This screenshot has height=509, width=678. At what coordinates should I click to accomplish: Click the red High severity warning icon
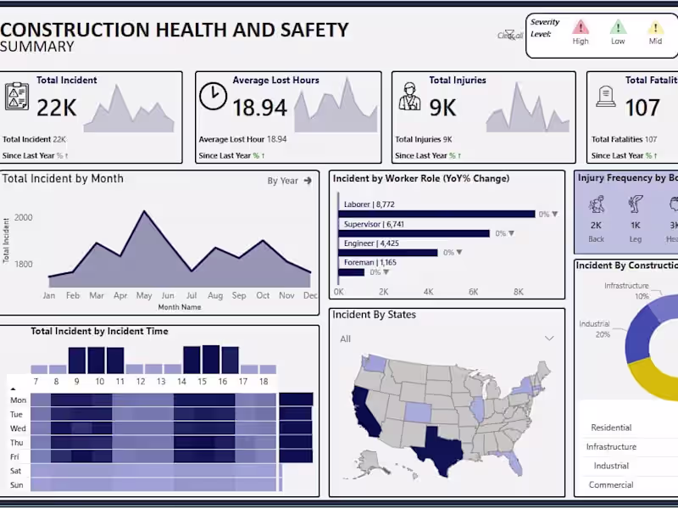[x=581, y=27]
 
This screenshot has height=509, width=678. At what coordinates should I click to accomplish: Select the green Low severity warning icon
[x=619, y=27]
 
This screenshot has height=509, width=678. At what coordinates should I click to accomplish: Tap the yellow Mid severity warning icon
[x=655, y=27]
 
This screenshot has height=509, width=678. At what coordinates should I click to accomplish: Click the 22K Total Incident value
[x=57, y=107]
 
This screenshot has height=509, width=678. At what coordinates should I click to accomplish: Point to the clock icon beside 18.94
[x=213, y=96]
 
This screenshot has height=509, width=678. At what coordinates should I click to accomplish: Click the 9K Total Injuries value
[x=442, y=107]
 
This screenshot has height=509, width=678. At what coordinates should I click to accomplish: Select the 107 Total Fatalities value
[x=642, y=107]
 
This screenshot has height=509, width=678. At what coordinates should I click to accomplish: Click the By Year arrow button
[x=308, y=181]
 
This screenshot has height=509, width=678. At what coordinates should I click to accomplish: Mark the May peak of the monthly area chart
[x=144, y=212]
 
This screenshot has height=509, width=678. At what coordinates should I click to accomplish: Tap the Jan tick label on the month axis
[x=49, y=296]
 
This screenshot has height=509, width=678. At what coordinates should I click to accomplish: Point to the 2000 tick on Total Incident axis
[x=23, y=217]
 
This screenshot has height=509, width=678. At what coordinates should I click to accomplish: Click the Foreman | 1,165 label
[x=370, y=263]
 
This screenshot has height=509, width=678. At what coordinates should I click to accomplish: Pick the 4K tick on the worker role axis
[x=428, y=292]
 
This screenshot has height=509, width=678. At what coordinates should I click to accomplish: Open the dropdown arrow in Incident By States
[x=549, y=338]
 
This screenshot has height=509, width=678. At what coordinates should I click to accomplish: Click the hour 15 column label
[x=202, y=382]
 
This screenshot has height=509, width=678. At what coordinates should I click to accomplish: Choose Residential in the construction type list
[x=612, y=428]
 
